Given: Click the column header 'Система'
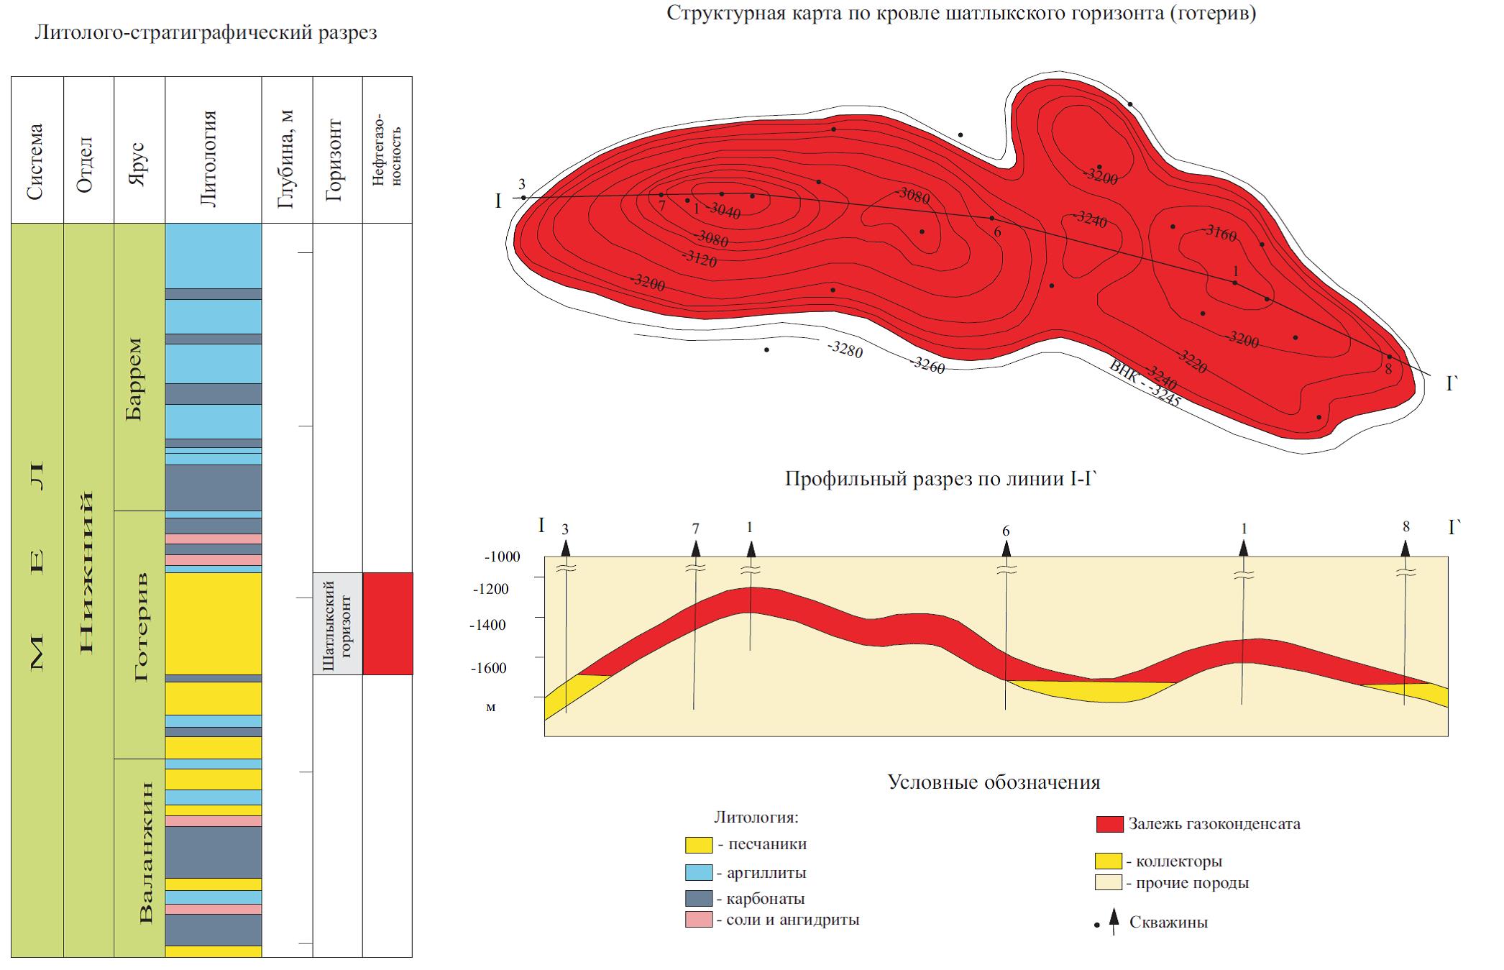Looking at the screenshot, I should click(x=37, y=161).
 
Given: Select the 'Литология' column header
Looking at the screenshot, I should click(x=209, y=158).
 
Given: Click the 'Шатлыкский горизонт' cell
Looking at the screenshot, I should click(x=337, y=623).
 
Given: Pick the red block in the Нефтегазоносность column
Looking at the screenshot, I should click(x=388, y=623).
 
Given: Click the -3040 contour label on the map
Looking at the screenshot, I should click(x=724, y=211).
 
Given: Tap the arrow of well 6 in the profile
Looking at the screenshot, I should click(x=1006, y=549).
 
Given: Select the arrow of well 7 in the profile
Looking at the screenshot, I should click(x=695, y=549).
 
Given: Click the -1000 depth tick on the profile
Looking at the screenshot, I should click(x=503, y=557).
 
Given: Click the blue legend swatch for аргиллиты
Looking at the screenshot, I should click(x=698, y=873).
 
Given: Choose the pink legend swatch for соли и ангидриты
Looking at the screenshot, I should click(x=698, y=919).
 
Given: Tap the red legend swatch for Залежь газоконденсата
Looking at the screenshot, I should click(x=1109, y=824).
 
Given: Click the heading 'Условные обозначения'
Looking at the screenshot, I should click(x=994, y=782).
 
